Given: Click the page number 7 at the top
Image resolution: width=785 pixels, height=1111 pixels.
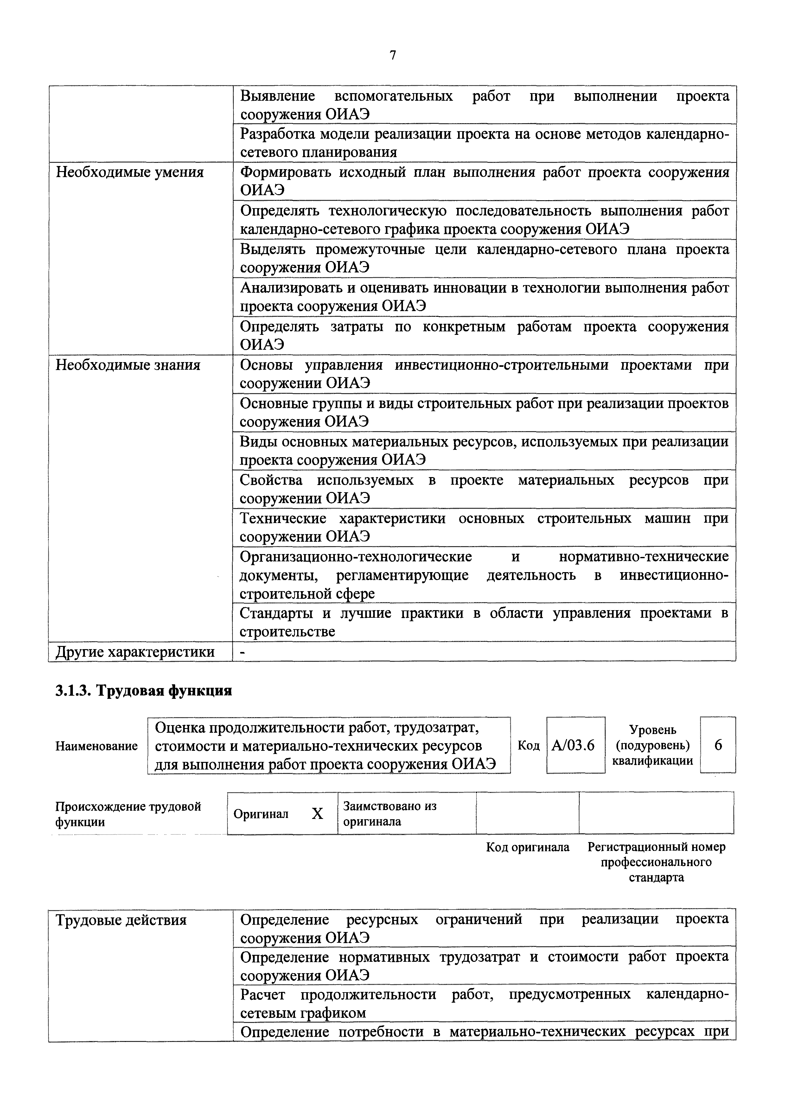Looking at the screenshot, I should point(392,56).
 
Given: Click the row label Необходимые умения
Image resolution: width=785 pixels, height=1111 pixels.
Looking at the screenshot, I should point(130,173).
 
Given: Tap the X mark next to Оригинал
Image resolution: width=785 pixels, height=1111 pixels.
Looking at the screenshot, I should point(317,814).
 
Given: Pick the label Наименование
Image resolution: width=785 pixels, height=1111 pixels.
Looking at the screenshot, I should point(97,746).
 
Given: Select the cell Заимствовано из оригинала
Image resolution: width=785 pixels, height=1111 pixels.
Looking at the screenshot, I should point(390,814).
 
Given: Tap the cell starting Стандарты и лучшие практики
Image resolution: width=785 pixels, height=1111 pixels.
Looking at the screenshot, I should point(484,622).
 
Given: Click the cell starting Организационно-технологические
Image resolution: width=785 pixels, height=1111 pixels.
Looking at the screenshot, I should point(484,575).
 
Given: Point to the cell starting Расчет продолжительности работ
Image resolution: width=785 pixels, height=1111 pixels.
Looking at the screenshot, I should point(484,1004).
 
